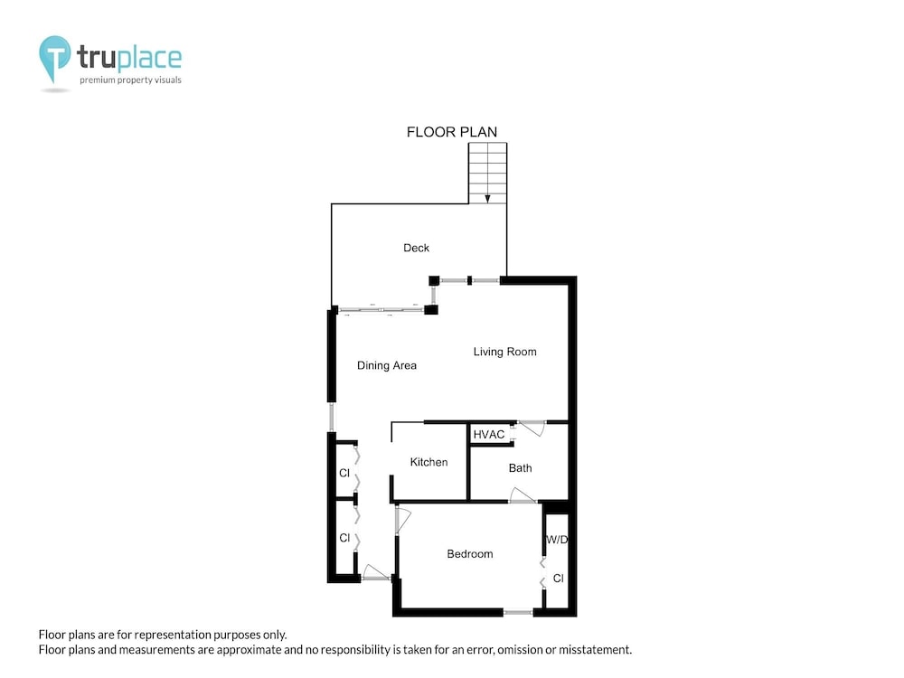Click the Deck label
tap(416, 248)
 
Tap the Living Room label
tap(505, 352)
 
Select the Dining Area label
tap(387, 365)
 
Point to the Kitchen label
tap(428, 462)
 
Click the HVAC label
tap(489, 435)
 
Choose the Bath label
tap(520, 468)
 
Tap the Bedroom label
tap(470, 554)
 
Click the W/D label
tap(557, 540)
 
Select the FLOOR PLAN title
tap(452, 132)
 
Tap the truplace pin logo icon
tap(55, 59)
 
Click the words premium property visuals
tap(130, 80)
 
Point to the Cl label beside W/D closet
tap(558, 579)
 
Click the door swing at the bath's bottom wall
tap(523, 495)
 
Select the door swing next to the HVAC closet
tap(532, 428)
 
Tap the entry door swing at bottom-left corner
tap(375, 572)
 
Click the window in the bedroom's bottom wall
tap(518, 612)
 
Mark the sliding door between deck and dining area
tap(381, 310)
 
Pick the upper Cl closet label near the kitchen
tap(344, 473)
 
